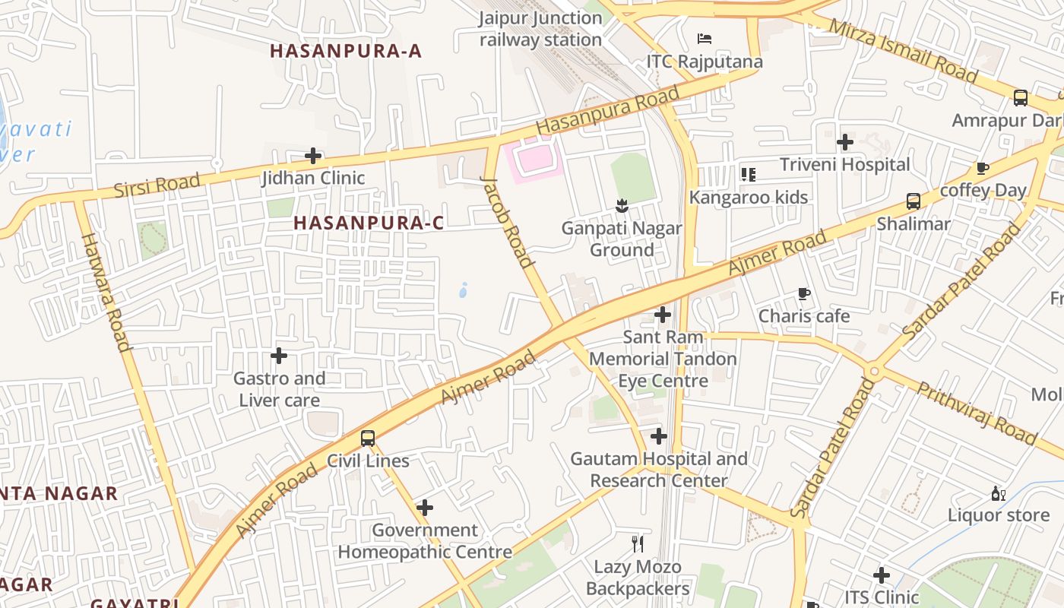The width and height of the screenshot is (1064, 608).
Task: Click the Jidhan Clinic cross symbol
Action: [312, 157]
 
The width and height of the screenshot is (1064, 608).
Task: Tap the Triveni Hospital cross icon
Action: [844, 142]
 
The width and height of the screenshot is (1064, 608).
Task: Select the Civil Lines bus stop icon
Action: [368, 439]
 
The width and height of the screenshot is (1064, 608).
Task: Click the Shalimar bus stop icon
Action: [914, 201]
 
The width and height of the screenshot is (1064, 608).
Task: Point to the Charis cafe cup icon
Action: [804, 294]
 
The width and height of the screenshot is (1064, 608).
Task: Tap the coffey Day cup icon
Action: [982, 168]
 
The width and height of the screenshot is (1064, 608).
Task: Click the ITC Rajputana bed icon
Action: [705, 39]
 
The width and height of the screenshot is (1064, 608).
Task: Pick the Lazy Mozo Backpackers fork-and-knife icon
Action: [638, 543]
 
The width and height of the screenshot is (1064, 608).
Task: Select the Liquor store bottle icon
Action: [998, 493]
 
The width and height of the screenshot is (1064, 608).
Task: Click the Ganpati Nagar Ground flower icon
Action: [622, 205]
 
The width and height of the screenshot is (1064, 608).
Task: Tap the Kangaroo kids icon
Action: [749, 175]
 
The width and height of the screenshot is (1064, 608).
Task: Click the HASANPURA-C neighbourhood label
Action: [369, 223]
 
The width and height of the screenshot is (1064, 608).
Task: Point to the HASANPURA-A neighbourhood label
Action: [346, 51]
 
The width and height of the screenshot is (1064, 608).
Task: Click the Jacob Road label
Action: [507, 221]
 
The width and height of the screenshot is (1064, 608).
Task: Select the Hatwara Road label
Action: [106, 292]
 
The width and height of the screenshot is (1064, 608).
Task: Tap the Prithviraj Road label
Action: [977, 413]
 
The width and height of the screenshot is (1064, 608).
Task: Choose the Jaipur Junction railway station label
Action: [541, 29]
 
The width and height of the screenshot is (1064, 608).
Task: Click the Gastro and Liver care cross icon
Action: [279, 356]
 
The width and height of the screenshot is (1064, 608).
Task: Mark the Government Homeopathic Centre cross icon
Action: [425, 508]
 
